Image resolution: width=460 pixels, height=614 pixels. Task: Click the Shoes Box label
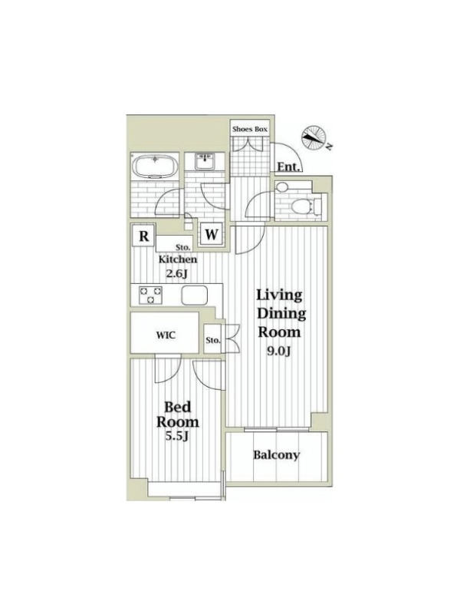pos(250,129)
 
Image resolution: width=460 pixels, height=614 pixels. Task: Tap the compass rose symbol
pos(314,137)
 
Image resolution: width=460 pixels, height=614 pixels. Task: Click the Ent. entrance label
pos(289,167)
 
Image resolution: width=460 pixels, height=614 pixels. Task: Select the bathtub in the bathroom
pos(156,167)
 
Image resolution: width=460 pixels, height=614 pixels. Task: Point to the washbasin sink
pos(204,161)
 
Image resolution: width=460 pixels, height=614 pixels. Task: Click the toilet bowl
pos(303,204)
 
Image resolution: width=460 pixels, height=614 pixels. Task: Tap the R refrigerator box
pos(144,236)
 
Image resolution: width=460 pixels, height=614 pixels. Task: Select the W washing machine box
pos(212,234)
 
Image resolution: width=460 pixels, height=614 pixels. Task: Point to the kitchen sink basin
pos(195,295)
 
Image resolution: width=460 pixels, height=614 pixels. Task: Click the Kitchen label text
pos(178,259)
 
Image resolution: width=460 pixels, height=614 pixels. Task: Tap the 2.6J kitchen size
pos(177,273)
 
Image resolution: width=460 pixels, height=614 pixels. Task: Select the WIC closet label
pos(166,335)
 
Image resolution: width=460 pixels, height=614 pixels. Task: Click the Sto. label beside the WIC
pos(213,340)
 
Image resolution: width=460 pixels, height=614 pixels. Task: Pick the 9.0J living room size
pos(279,352)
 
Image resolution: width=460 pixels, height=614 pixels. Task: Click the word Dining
pos(281,314)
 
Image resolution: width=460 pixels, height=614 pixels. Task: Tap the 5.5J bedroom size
pos(177,435)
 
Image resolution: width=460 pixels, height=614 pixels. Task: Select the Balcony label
pos(276,455)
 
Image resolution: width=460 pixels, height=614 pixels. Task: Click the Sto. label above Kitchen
pos(182,248)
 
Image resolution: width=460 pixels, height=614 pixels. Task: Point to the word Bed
pos(177,408)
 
